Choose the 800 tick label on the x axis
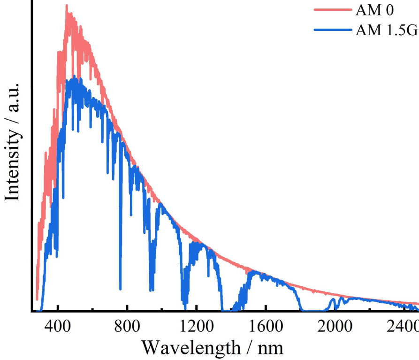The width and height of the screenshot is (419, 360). [x=127, y=325]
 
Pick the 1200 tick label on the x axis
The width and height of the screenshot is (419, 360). [x=196, y=325]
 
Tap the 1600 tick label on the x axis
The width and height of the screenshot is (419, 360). [x=266, y=325]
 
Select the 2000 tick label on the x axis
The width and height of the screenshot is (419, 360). [x=335, y=325]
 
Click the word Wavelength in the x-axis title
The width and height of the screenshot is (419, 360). [x=191, y=348]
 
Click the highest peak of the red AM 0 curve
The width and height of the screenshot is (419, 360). [x=67, y=5]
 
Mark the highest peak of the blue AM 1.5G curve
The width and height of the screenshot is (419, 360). [x=74, y=77]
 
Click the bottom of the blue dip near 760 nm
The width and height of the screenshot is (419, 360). [x=121, y=289]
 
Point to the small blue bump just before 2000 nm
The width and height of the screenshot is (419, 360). [x=333, y=299]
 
